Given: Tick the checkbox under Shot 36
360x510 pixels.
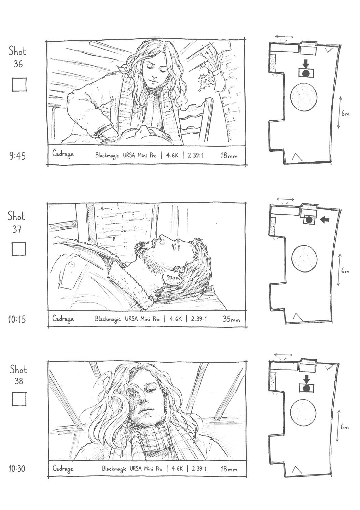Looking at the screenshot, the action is coord(19,84).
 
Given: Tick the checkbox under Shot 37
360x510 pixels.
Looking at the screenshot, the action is coord(19,249).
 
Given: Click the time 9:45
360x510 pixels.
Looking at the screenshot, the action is coord(17,156).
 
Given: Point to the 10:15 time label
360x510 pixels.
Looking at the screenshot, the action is coord(17,319).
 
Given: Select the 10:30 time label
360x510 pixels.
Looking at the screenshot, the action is coord(17,469).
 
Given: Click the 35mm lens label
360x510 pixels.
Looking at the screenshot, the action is coord(231,319).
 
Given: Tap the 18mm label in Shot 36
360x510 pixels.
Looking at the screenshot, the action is coord(229,156).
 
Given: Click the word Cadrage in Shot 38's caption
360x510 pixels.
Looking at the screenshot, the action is coord(63,469).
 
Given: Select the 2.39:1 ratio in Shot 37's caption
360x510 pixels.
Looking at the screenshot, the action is coord(199,319).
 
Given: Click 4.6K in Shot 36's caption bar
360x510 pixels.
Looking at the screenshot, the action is coord(172,155).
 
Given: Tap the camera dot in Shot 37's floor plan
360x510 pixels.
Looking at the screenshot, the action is coord(309,220).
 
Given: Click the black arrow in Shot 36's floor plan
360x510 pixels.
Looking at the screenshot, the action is coord(306,64).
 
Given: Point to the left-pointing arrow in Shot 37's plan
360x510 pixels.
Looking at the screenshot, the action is coord(324,219).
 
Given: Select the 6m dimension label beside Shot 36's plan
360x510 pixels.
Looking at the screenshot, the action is coord(345,113).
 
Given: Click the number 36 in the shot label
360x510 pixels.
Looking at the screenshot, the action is coord(18,64).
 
